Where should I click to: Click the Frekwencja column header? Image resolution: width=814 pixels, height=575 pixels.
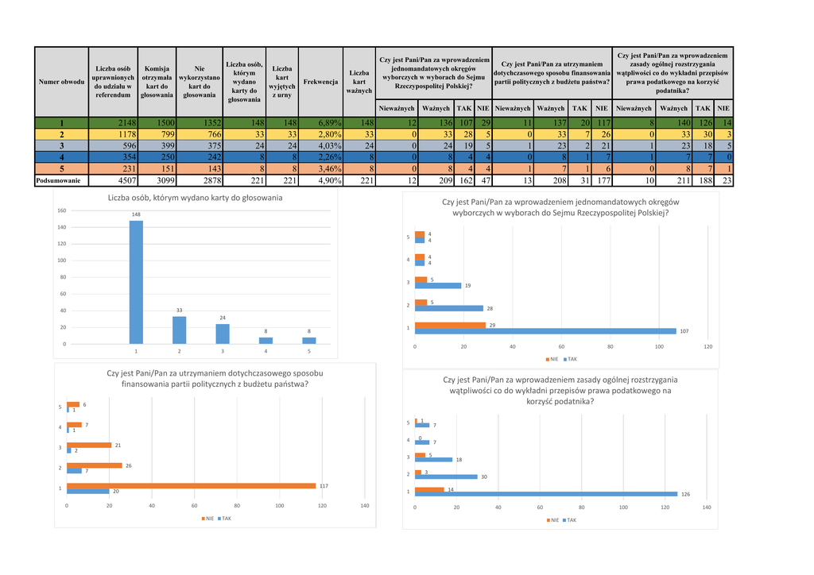pyautogui.click(x=320, y=82)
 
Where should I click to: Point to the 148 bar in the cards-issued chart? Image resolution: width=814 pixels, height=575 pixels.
pyautogui.click(x=136, y=282)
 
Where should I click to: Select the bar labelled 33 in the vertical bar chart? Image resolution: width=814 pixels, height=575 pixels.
pyautogui.click(x=179, y=330)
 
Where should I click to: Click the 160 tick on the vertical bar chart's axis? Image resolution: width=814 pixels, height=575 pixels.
pyautogui.click(x=61, y=211)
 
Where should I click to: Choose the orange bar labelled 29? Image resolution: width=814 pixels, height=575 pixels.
pyautogui.click(x=450, y=325)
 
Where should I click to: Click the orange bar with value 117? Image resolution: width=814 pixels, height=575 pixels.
pyautogui.click(x=191, y=485)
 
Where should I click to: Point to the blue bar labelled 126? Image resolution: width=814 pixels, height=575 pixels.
pyautogui.click(x=546, y=494)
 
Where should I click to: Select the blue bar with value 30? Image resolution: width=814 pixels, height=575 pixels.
pyautogui.click(x=446, y=477)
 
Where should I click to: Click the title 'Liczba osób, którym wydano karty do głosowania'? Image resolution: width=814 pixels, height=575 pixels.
pyautogui.click(x=189, y=197)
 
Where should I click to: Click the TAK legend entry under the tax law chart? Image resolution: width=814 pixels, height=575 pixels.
pyautogui.click(x=569, y=520)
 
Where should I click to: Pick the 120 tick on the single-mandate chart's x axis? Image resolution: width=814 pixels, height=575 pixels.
pyautogui.click(x=707, y=347)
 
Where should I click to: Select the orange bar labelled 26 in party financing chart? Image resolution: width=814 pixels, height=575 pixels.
pyautogui.click(x=95, y=465)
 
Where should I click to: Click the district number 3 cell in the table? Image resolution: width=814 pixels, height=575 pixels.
pyautogui.click(x=61, y=146)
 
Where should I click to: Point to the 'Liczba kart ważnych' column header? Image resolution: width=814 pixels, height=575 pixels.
pyautogui.click(x=359, y=82)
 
